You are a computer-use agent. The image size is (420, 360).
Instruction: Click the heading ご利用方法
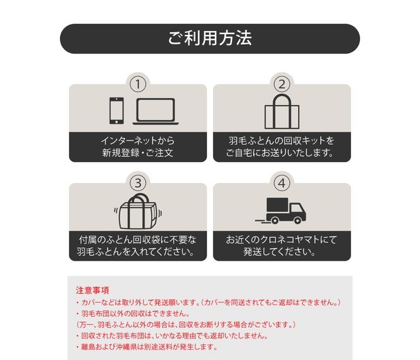(x=209, y=38)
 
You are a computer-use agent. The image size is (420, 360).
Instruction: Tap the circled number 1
(x=138, y=84)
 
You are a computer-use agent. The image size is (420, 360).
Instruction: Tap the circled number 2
(x=281, y=84)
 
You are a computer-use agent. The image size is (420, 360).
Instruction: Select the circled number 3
(x=138, y=183)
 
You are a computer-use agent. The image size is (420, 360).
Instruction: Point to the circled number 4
(x=281, y=183)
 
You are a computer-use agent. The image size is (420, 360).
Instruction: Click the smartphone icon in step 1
(x=116, y=111)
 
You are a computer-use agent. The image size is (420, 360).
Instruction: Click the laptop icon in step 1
(x=155, y=111)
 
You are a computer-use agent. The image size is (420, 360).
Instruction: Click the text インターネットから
(x=137, y=140)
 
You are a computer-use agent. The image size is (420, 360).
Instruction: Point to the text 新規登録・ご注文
(x=137, y=153)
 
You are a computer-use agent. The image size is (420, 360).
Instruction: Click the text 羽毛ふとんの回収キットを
(x=281, y=140)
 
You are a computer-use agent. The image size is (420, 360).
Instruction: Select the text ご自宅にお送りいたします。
(x=281, y=153)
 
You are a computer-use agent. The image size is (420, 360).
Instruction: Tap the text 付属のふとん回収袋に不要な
(x=137, y=240)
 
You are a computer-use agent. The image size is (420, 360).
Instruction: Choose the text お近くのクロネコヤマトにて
(x=281, y=240)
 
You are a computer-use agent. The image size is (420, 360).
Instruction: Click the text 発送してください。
(x=281, y=252)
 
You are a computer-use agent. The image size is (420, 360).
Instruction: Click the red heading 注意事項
(x=92, y=290)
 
